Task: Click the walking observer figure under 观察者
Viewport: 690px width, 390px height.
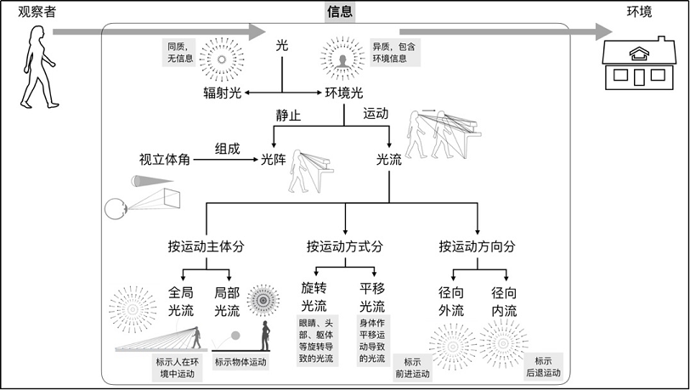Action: tap(39, 67)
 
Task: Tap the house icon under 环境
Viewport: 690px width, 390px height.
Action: tap(638, 63)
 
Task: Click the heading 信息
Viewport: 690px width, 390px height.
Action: tap(340, 11)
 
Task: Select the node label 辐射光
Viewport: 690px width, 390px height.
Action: tap(223, 93)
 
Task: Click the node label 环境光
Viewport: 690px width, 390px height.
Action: tap(344, 93)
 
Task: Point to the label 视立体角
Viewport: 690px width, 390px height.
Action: tap(165, 160)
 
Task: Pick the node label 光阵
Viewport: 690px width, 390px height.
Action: tap(274, 160)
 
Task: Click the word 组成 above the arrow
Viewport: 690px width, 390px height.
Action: tap(228, 149)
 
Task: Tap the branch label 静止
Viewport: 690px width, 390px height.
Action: tap(288, 116)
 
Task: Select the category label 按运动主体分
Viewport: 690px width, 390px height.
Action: tap(206, 246)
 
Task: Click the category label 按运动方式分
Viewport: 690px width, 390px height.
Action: tap(345, 246)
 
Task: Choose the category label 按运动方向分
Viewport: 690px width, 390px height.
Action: tap(477, 246)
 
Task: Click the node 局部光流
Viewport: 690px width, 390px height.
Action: tap(227, 302)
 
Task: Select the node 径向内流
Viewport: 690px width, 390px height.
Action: tap(504, 302)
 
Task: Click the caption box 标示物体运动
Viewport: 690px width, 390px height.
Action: tap(240, 362)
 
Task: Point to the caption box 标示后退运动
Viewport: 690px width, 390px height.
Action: tap(544, 367)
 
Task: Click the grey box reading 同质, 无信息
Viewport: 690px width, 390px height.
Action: tap(180, 53)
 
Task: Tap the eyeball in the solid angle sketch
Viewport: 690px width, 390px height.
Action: tap(116, 209)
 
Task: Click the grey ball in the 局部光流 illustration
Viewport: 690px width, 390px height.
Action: tap(236, 336)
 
